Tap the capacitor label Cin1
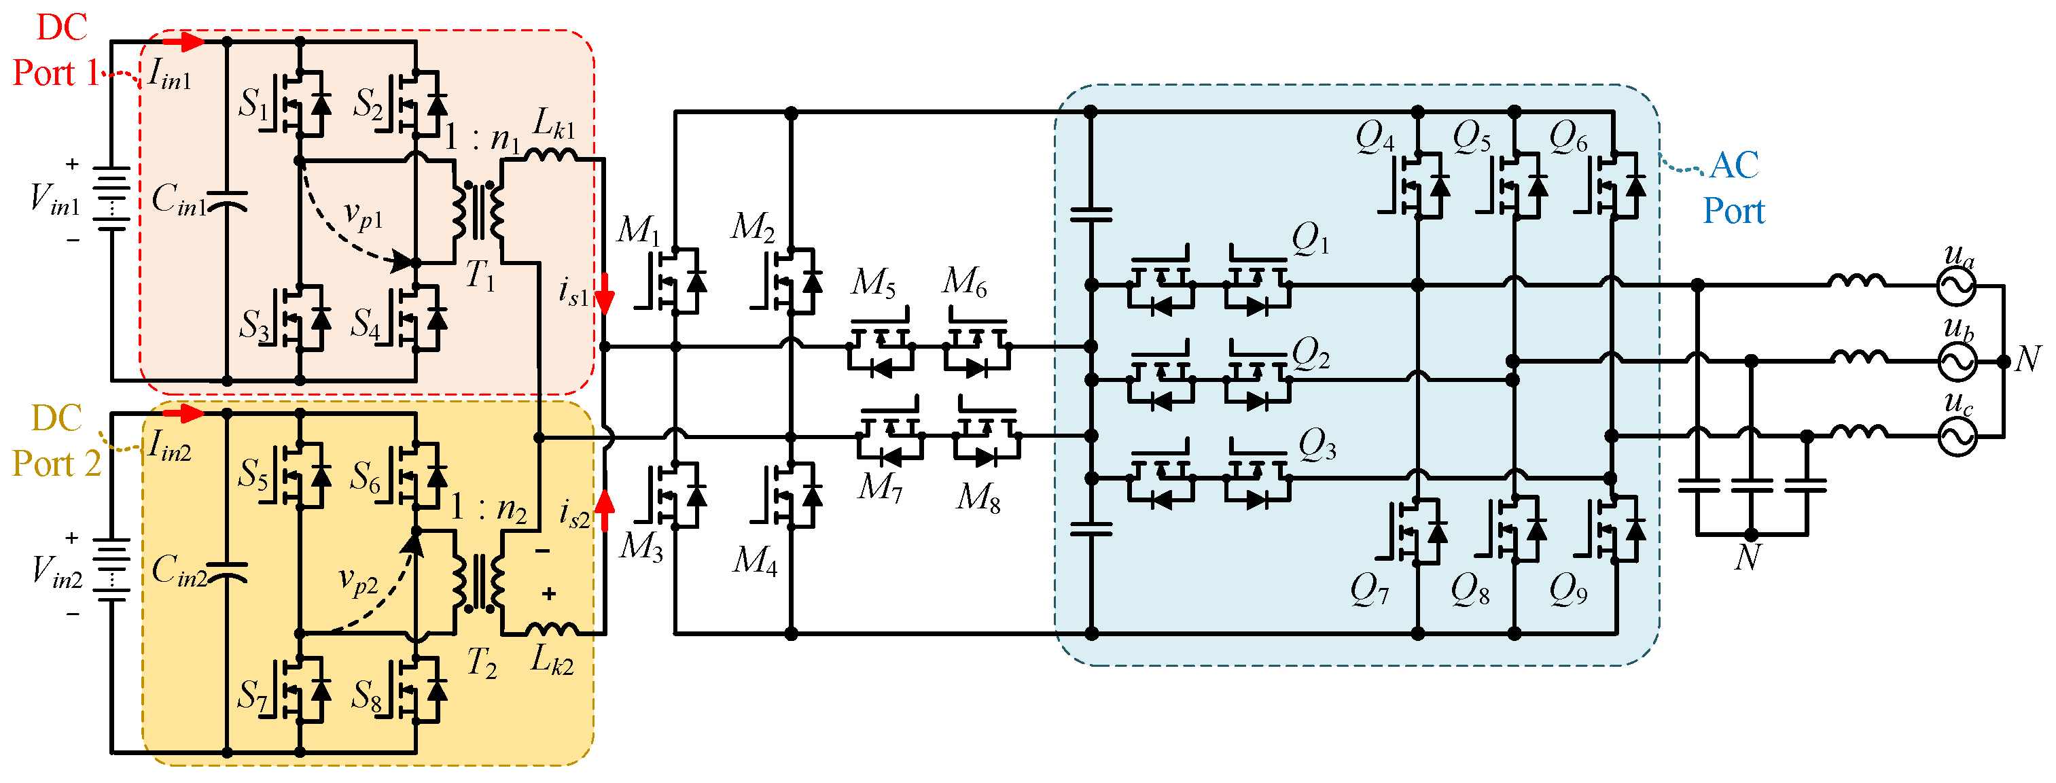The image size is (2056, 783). point(179,200)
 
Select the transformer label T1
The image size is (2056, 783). point(480,275)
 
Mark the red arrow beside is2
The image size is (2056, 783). point(606,509)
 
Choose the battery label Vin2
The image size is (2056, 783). point(56,572)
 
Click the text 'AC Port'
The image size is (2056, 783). point(1733,188)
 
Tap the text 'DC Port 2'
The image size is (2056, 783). point(56,441)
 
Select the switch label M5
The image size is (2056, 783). point(874,283)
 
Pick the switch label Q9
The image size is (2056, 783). point(1567,591)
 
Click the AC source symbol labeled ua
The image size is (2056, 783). point(1957,285)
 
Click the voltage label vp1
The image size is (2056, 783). point(363,215)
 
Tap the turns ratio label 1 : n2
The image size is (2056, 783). point(489,508)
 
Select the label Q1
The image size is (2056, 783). point(1311,238)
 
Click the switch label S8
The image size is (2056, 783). point(366,695)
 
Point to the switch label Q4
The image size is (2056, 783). point(1375,137)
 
